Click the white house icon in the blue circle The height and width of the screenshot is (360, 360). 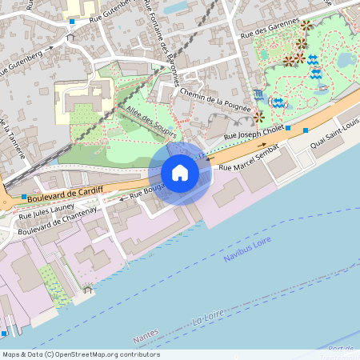[180, 173]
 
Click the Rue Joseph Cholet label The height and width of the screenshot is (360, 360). [254, 137]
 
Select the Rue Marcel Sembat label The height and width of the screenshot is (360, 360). [249, 158]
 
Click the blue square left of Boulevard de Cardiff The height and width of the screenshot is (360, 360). [24, 196]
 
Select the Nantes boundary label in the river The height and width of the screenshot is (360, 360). [146, 341]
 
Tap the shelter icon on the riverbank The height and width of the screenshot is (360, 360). [87, 290]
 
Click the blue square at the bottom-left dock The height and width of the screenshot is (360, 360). [5, 332]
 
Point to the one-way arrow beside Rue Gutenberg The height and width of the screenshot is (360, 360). [50, 47]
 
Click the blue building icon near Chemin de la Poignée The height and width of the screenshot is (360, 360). [256, 94]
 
